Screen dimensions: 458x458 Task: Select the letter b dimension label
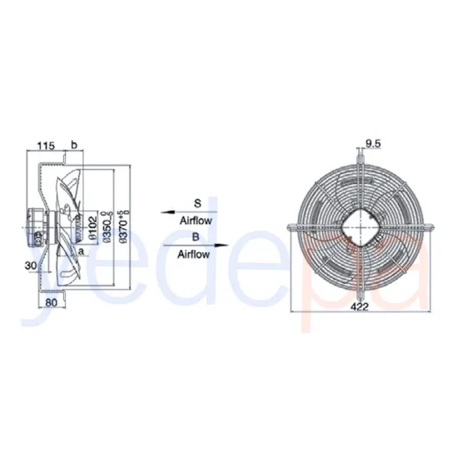[74, 146]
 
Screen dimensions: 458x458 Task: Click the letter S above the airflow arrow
[197, 202]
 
